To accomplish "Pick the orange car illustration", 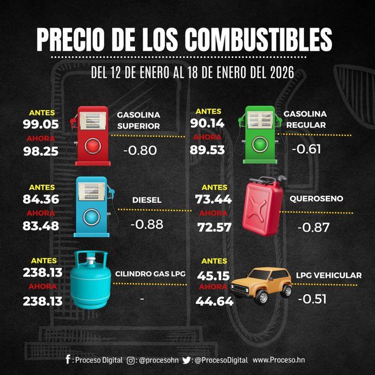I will (x=261, y=285).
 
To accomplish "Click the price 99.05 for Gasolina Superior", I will (x=41, y=124).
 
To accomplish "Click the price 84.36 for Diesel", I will (x=41, y=199).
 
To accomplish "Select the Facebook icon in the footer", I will (x=67, y=360).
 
